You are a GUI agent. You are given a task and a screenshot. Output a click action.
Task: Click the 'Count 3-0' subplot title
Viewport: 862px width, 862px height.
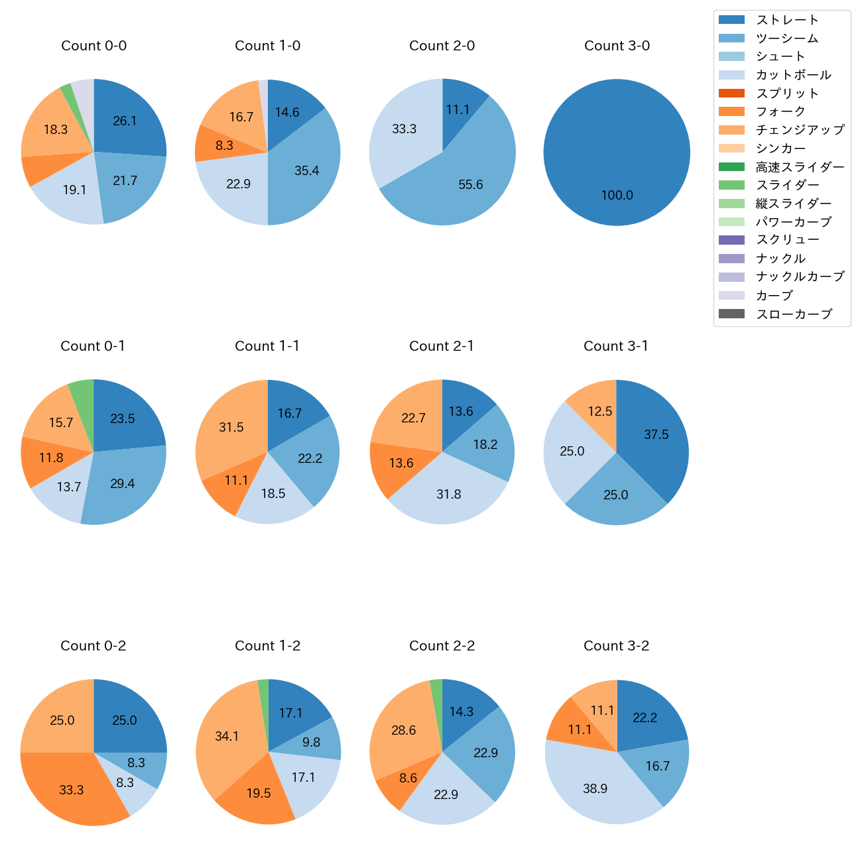[x=617, y=46]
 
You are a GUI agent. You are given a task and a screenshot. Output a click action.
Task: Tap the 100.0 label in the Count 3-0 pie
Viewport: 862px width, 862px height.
[x=617, y=196]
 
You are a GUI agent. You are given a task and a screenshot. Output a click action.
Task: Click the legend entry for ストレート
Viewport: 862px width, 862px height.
[x=786, y=20]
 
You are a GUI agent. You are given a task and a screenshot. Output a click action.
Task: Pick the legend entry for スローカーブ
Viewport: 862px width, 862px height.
[x=794, y=314]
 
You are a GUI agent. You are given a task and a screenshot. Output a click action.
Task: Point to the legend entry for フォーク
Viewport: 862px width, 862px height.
[x=780, y=111]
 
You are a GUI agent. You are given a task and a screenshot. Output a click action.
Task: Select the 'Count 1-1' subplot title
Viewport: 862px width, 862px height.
[x=267, y=346]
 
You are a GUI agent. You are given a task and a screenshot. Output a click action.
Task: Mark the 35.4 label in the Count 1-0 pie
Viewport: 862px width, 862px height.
[x=307, y=171]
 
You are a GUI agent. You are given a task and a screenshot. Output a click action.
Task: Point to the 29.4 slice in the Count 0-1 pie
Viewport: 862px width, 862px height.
[x=123, y=484]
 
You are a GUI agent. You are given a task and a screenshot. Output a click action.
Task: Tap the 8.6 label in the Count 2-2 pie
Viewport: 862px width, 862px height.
[x=408, y=778]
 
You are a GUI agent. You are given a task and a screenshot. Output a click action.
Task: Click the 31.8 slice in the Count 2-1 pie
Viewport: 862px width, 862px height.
[x=449, y=494]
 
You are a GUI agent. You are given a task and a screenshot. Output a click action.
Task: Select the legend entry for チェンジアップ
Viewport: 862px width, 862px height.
[x=800, y=130]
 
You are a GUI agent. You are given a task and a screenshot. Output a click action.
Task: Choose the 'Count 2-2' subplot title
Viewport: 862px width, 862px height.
[x=442, y=646]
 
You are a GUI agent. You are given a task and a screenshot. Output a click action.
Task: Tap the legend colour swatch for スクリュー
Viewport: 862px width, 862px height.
[x=731, y=240]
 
